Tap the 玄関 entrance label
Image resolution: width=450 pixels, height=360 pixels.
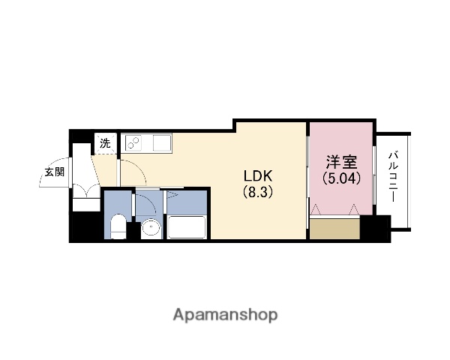(54, 172)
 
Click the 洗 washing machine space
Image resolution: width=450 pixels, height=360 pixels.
(106, 143)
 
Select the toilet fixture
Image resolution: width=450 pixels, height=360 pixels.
(118, 225)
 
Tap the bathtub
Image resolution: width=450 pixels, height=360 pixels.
(187, 226)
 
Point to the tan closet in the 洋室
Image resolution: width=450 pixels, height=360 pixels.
(334, 229)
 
